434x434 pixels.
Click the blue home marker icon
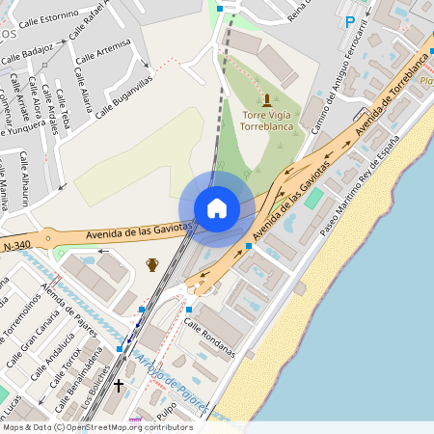[217, 208]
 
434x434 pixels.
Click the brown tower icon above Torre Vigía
[267, 99]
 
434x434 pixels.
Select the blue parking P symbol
[350, 21]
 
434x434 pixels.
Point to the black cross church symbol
[119, 387]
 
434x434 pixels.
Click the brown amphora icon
[151, 264]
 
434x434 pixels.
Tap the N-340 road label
[17, 248]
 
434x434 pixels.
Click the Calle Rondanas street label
[209, 338]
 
